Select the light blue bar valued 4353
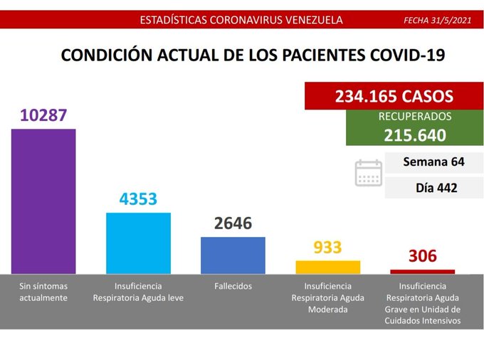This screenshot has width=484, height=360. pyautogui.click(x=138, y=243)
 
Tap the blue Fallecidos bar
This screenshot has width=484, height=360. pyautogui.click(x=233, y=255)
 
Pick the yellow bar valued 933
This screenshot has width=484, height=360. pyautogui.click(x=327, y=267)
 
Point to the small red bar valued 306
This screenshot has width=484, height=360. pyautogui.click(x=422, y=271)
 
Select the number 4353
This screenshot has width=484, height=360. pyautogui.click(x=138, y=199)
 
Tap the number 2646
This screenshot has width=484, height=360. pyautogui.click(x=233, y=223)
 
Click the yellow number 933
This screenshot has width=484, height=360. pyautogui.click(x=327, y=248)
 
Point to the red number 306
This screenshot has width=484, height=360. pyautogui.click(x=422, y=256)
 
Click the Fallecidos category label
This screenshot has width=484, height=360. pyautogui.click(x=233, y=286)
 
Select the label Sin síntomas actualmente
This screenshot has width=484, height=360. pyautogui.click(x=43, y=292)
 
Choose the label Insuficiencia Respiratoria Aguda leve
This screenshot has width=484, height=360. pyautogui.click(x=138, y=292)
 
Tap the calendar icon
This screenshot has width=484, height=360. pyautogui.click(x=368, y=173)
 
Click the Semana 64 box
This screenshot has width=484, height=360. pyautogui.click(x=433, y=162)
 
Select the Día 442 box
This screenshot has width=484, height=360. pyautogui.click(x=433, y=188)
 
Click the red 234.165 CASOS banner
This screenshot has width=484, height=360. pyautogui.click(x=394, y=96)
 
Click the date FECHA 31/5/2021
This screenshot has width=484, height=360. pyautogui.click(x=437, y=20)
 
